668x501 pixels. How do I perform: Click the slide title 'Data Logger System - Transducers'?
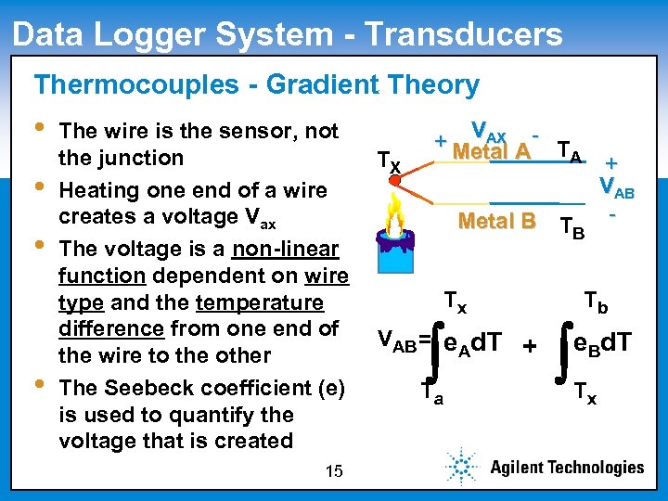click(x=288, y=34)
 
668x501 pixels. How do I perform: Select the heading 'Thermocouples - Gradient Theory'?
click(x=257, y=85)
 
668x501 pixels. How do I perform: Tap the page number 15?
click(x=334, y=472)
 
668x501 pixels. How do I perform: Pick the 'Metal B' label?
click(x=497, y=221)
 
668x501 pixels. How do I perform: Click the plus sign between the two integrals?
click(x=529, y=346)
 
